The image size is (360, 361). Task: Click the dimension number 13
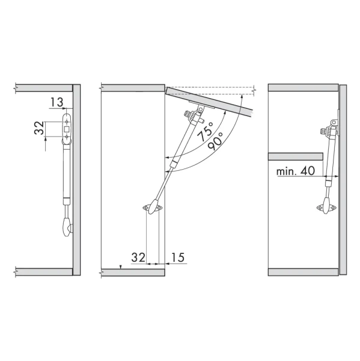point(56,102)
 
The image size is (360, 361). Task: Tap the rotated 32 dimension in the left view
point(39,128)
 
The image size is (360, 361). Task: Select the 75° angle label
point(205,131)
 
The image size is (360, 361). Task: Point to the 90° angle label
point(215,141)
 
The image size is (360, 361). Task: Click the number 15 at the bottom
point(178,258)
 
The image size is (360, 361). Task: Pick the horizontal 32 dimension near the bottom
point(138,258)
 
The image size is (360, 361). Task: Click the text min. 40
point(296,171)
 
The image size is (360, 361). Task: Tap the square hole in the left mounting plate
point(67,129)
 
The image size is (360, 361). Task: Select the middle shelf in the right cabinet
point(296,156)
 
